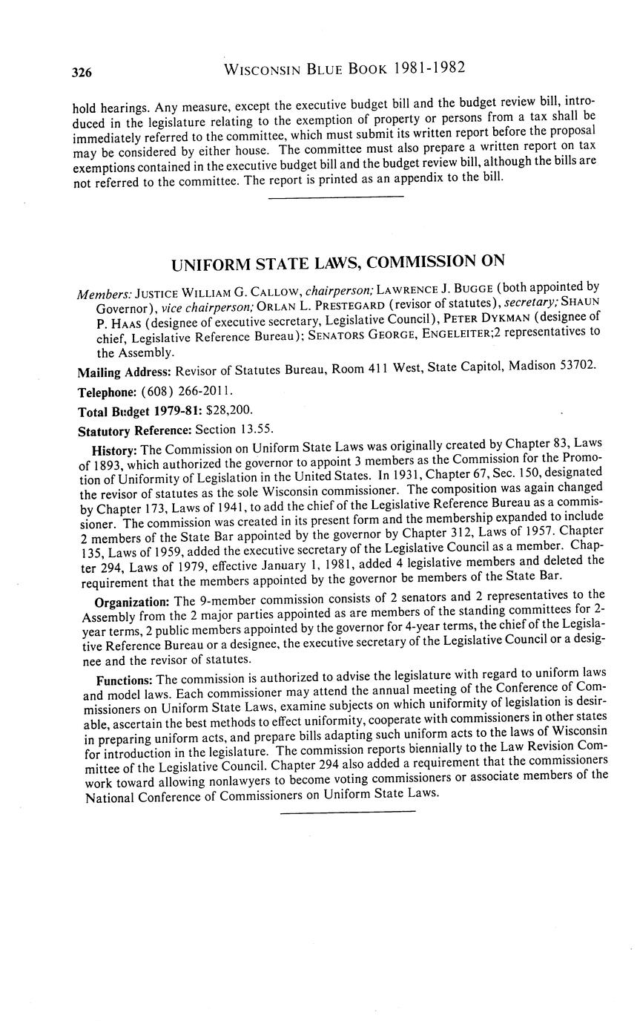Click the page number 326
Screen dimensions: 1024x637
tap(82, 72)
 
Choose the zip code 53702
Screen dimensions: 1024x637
tap(576, 367)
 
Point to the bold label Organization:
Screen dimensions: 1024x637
tap(133, 600)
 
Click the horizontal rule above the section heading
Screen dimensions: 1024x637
tap(335, 197)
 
